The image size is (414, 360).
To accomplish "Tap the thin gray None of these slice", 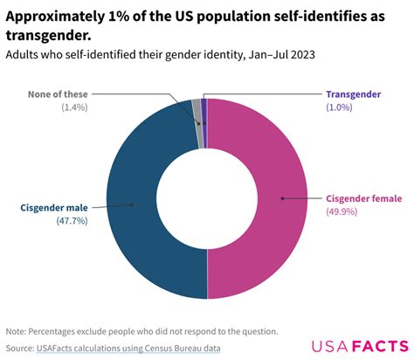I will pyautogui.click(x=197, y=111).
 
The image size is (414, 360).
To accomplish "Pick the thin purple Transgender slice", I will pyautogui.click(x=204, y=110).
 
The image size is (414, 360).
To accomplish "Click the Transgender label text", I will pyautogui.click(x=355, y=93).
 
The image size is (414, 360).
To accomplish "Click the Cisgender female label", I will pyautogui.click(x=365, y=198).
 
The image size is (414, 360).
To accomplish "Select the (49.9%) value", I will pyautogui.click(x=342, y=211).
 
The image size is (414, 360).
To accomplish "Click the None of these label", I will pyautogui.click(x=55, y=93).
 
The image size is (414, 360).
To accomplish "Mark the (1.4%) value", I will pyautogui.click(x=73, y=107).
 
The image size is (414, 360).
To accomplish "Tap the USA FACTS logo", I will pyautogui.click(x=358, y=344).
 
